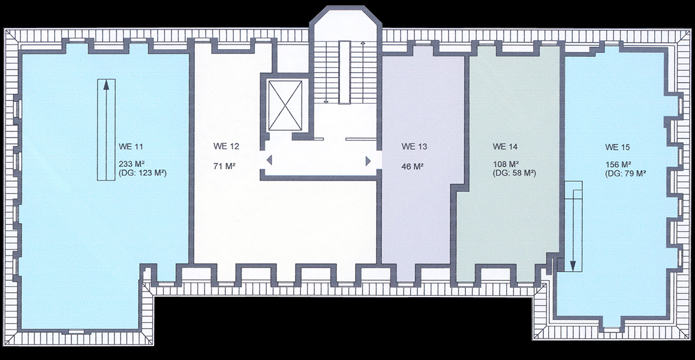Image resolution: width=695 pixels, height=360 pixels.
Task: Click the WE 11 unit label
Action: pos(131,147)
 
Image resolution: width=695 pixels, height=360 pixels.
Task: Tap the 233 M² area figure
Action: pos(132,164)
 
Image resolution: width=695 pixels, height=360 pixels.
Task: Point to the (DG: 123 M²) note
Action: pos(143,173)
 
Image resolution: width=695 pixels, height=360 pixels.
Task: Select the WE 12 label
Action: pos(226,147)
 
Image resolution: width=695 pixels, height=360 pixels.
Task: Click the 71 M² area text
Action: pos(224,167)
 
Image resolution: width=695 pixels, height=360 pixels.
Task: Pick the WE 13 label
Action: pos(414,147)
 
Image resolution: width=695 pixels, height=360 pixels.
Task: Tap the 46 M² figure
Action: pos(413,167)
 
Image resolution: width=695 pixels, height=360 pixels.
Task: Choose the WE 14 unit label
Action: pos(506,147)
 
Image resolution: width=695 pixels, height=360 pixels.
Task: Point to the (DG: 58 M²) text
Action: pos(514,173)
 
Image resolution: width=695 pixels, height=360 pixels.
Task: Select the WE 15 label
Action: pos(618,147)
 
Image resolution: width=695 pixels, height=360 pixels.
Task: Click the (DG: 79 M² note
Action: pos(625,174)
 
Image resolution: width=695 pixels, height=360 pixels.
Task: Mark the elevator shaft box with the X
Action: pos(285,106)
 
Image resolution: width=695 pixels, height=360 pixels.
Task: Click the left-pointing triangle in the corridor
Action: pos(269,160)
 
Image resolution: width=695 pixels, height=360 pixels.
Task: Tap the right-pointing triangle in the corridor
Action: pos(368,160)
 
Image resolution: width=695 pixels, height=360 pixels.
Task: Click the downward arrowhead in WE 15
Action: pos(573,265)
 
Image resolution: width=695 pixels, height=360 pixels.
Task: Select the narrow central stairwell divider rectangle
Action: pos(344,72)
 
